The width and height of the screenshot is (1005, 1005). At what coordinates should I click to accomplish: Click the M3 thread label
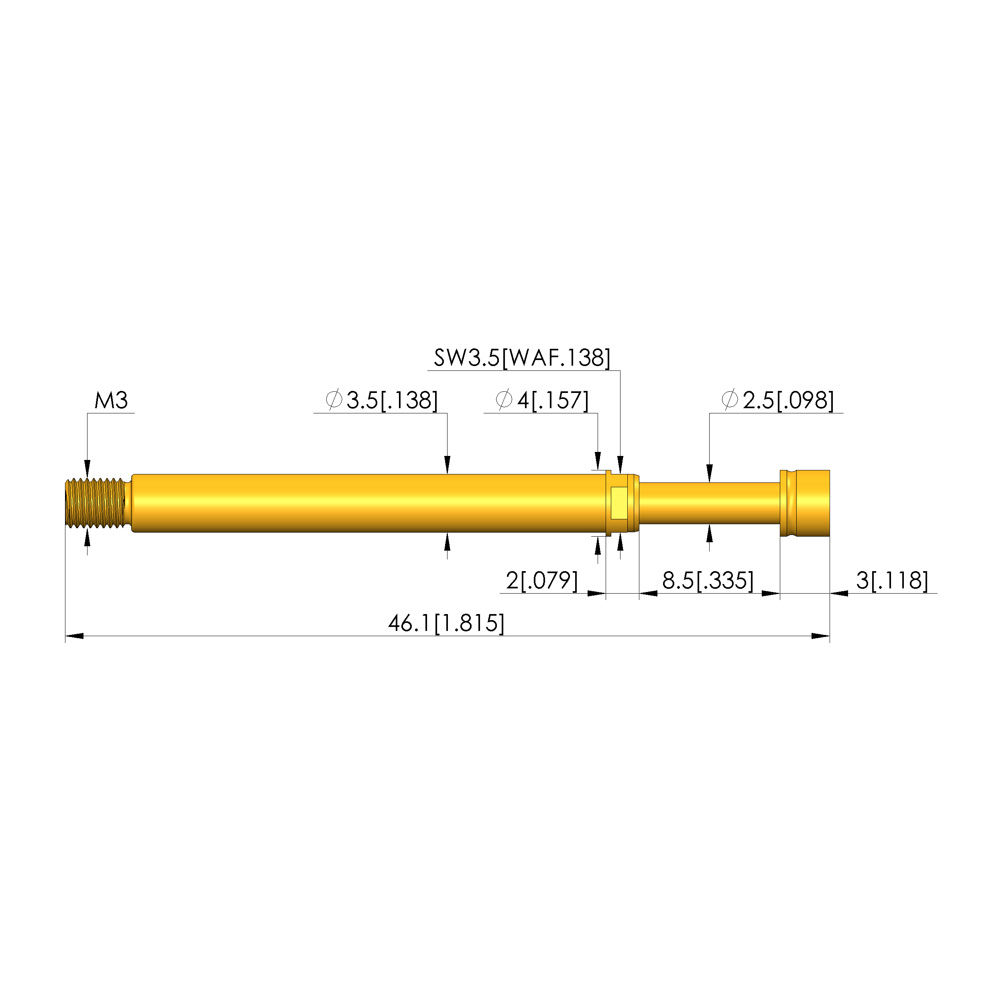point(111,401)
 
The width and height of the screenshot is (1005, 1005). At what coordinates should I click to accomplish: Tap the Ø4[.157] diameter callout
point(542,400)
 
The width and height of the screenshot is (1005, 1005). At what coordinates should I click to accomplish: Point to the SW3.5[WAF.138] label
point(522,358)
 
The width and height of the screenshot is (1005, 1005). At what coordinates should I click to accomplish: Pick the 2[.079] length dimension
point(541,580)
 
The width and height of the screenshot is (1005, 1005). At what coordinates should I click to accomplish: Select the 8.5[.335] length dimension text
point(708,580)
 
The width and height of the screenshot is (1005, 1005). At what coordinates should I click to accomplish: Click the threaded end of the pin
point(95,503)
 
